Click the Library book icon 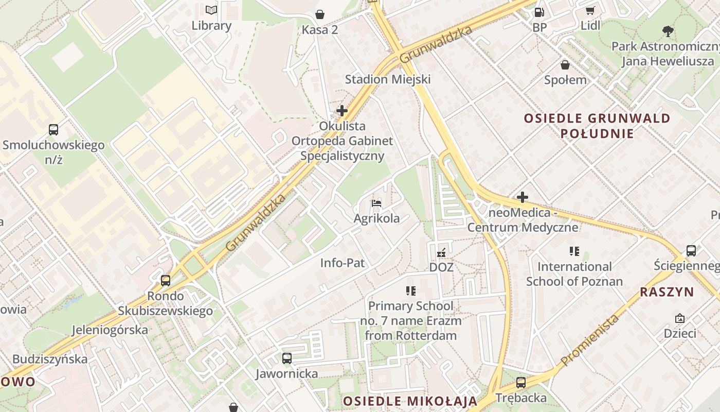click(x=211, y=10)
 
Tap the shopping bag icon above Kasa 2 click(x=320, y=14)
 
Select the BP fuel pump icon click(x=539, y=11)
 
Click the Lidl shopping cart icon click(x=590, y=10)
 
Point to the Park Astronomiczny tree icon click(x=668, y=31)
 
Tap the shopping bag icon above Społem click(x=565, y=64)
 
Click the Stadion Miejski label click(x=388, y=79)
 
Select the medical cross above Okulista click(x=341, y=111)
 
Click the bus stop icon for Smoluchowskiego click(x=53, y=129)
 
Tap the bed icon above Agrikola click(x=376, y=203)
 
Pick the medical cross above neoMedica click(x=523, y=197)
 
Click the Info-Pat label click(x=343, y=263)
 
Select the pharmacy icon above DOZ click(x=441, y=252)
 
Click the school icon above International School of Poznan click(x=574, y=251)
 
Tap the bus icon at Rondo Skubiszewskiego click(x=166, y=281)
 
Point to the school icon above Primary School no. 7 click(x=410, y=291)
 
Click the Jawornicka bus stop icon click(x=287, y=358)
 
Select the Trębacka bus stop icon click(x=521, y=383)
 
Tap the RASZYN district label click(x=667, y=292)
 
